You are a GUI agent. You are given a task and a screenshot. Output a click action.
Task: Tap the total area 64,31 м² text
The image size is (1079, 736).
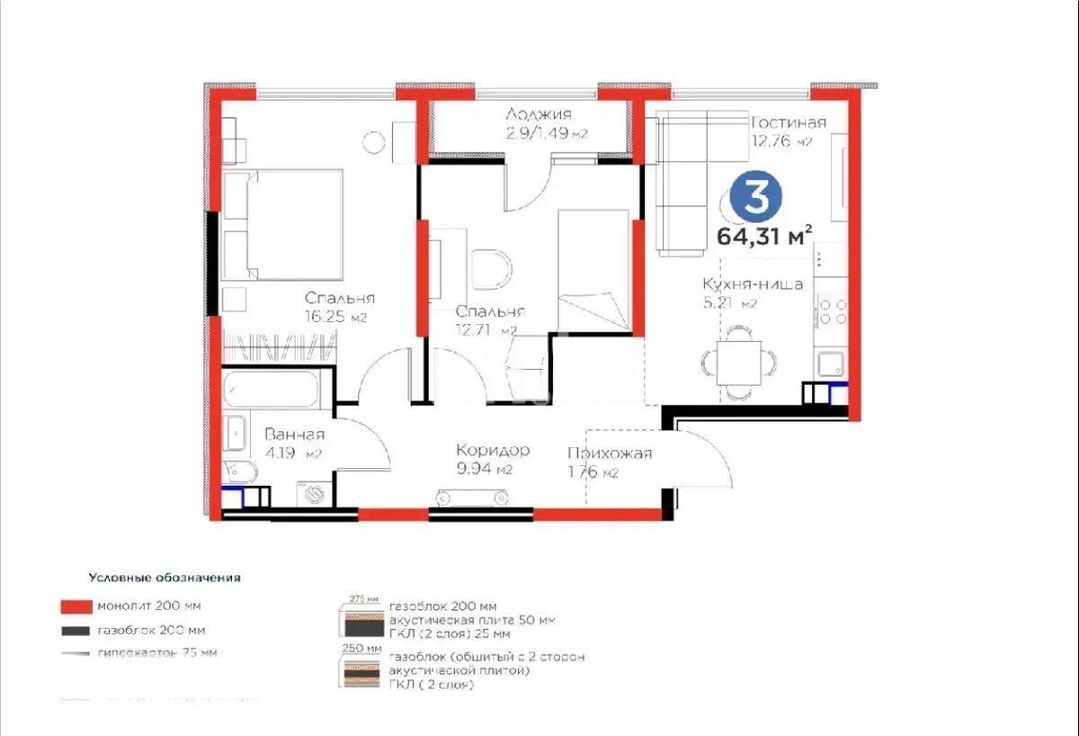click(x=764, y=237)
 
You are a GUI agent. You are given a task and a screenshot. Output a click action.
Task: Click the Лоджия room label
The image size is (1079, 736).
click(x=538, y=114)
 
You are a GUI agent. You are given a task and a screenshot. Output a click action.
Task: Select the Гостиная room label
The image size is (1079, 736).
click(x=788, y=123)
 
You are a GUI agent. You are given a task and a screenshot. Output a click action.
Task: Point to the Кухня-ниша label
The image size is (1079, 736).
click(x=753, y=284)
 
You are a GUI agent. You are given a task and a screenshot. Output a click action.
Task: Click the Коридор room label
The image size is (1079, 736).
click(x=492, y=450)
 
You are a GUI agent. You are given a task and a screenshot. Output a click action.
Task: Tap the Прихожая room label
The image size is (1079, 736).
click(x=610, y=453)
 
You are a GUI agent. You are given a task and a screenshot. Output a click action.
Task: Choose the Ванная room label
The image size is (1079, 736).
click(x=294, y=435)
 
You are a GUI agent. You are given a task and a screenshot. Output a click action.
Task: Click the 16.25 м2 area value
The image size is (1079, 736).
click(x=335, y=317)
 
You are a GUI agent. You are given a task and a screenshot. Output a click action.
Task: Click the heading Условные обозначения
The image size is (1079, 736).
click(x=165, y=577)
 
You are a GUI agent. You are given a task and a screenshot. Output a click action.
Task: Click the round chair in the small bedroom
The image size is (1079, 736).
click(x=490, y=267)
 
